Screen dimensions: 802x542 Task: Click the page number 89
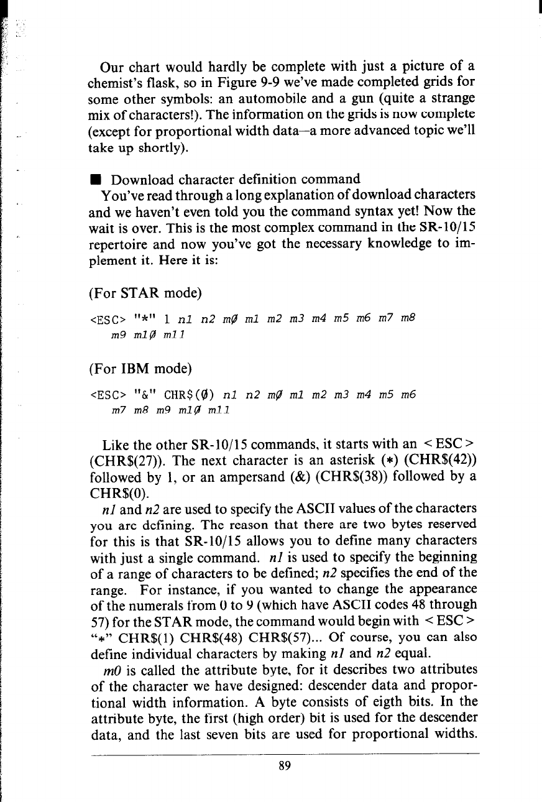point(285,767)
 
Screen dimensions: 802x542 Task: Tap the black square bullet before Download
point(92,182)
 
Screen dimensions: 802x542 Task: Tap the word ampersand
point(226,479)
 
